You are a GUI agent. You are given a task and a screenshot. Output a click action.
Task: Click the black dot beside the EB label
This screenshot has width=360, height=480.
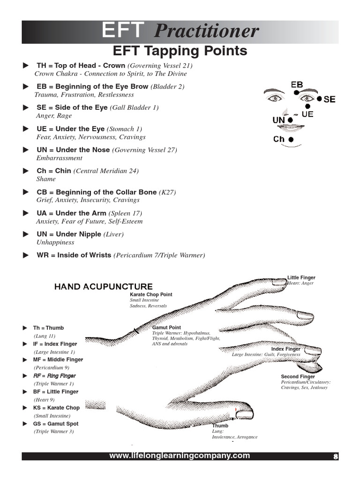(x=297, y=93)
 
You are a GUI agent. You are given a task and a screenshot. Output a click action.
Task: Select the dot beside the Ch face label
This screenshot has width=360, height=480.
(x=291, y=139)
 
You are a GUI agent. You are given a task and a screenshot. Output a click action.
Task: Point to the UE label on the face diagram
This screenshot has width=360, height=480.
(x=308, y=114)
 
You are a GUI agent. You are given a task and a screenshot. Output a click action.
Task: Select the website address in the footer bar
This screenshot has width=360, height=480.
(x=180, y=456)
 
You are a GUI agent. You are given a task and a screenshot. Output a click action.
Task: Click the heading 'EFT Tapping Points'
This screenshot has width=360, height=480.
(x=180, y=51)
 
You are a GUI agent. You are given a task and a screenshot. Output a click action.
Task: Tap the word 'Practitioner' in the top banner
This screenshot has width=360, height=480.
(x=206, y=32)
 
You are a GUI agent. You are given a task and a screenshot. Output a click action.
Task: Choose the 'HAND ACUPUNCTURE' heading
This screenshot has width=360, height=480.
(x=104, y=286)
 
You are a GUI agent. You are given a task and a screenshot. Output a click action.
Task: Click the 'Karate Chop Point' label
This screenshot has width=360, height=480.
(x=151, y=294)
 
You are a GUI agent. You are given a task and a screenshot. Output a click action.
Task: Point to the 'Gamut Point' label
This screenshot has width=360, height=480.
(x=166, y=327)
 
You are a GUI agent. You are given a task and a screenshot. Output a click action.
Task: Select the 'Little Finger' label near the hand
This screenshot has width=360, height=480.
(x=301, y=278)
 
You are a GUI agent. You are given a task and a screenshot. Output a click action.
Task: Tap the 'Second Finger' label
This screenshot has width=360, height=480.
(x=298, y=376)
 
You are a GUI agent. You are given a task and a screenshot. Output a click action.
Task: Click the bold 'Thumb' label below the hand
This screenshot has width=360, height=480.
(x=220, y=426)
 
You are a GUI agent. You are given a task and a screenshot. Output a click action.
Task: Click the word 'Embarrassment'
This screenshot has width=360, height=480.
(x=59, y=158)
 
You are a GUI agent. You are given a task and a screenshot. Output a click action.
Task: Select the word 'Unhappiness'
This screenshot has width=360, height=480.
(x=55, y=242)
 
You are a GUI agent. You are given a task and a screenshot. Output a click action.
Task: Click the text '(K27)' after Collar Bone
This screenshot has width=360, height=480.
(x=167, y=192)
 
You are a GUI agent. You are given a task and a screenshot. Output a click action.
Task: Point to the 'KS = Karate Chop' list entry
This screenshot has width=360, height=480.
(x=56, y=408)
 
